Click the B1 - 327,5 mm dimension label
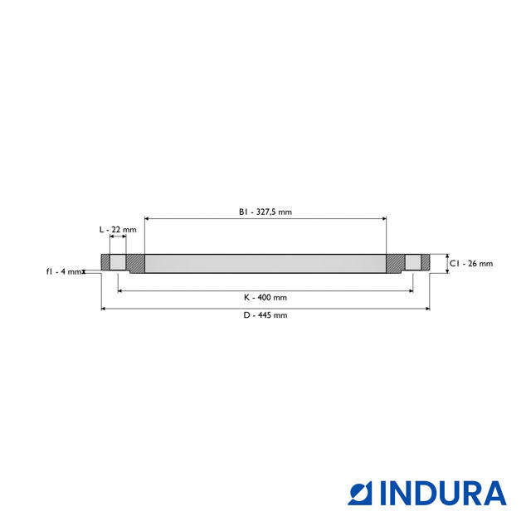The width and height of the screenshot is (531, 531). pos(265,212)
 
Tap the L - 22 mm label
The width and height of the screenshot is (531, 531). pos(118,229)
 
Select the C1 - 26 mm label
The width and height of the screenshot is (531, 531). pos(471,264)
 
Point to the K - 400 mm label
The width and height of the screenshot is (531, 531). pos(265,297)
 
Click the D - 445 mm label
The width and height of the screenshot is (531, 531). pos(265,315)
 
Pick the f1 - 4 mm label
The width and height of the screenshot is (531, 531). pos(64,271)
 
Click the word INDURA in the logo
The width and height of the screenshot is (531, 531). pos(443,493)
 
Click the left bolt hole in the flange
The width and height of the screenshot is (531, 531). pos(119,263)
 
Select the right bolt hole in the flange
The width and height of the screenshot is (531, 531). pos(412,263)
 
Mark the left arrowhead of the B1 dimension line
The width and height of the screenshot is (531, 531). pos(147,218)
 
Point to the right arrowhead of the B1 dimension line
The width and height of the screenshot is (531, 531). pos(384,218)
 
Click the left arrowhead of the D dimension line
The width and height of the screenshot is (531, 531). pos(104,309)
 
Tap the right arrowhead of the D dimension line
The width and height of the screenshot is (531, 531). pos(427,309)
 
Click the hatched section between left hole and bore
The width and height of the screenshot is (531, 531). pos(135,264)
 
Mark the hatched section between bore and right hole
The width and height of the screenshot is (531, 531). pos(395,264)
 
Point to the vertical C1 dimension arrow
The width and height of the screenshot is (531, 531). pos(446,263)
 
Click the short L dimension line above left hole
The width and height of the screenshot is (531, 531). pos(118,237)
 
